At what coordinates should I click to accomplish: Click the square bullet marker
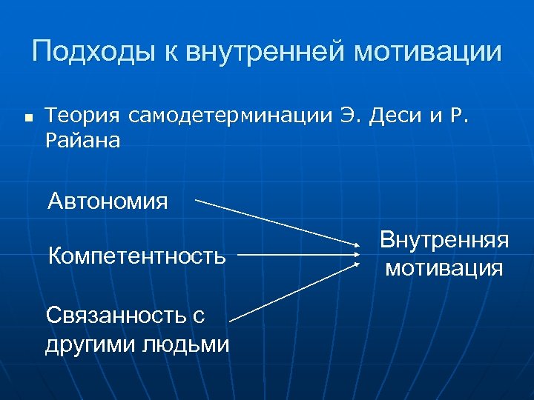28,118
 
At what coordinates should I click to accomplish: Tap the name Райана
82,140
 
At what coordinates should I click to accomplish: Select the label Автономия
108,201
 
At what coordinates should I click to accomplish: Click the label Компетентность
136,256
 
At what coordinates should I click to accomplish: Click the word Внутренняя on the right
444,240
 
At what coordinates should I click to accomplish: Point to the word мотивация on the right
444,267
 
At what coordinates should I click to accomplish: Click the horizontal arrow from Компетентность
297,256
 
